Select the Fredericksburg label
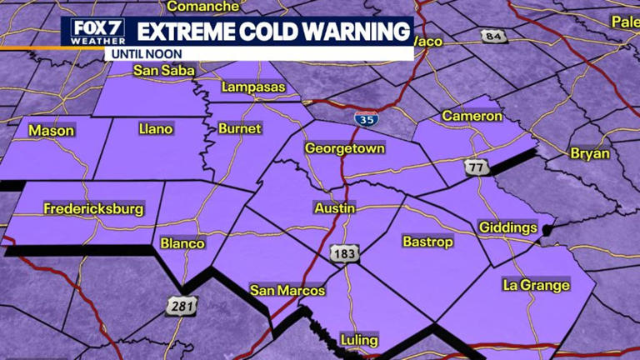[x=93, y=208]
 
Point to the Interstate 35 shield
[x=365, y=119]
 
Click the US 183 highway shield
[x=340, y=253]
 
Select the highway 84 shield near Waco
[x=492, y=36]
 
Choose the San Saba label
[x=157, y=70]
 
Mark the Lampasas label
[x=253, y=87]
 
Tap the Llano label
[x=155, y=128]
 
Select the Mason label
[x=51, y=130]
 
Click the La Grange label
[x=536, y=285]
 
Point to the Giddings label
[x=507, y=227]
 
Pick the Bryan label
[x=590, y=153]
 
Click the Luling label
[x=359, y=340]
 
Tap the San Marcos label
[x=287, y=291]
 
